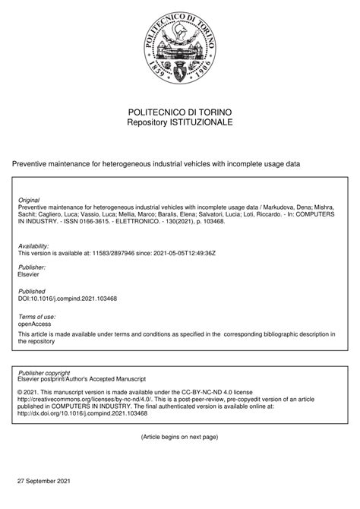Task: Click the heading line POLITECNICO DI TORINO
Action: [180, 111]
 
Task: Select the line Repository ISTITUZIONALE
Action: [180, 122]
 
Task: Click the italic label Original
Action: [29, 200]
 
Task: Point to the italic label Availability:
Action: [34, 246]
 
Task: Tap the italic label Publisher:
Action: [32, 267]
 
